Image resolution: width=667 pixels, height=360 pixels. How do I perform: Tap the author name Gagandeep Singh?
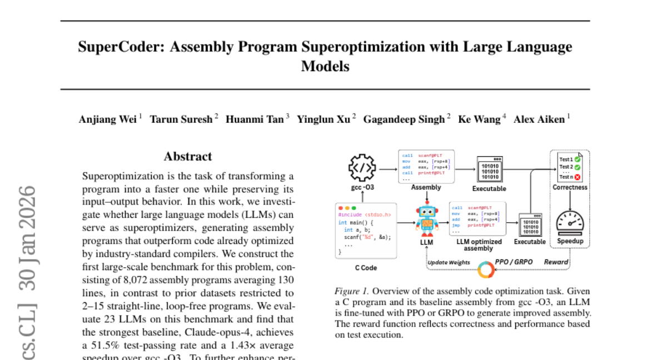click(x=404, y=119)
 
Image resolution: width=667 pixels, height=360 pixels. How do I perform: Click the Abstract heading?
click(x=187, y=157)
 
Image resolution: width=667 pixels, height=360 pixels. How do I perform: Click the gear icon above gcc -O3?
click(x=362, y=167)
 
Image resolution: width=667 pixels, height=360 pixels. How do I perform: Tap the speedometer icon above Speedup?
click(x=570, y=222)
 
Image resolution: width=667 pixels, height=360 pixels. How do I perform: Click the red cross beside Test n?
click(x=578, y=177)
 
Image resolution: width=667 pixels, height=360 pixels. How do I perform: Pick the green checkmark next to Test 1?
click(x=578, y=159)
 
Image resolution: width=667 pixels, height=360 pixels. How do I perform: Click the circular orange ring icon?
click(x=486, y=271)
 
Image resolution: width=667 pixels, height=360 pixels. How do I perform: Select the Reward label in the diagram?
click(x=556, y=262)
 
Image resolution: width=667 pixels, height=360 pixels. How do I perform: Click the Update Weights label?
click(x=449, y=262)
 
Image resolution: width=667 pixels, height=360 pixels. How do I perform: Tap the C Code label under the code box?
click(x=366, y=268)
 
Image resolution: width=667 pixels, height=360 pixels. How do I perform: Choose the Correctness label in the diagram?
click(x=570, y=187)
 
